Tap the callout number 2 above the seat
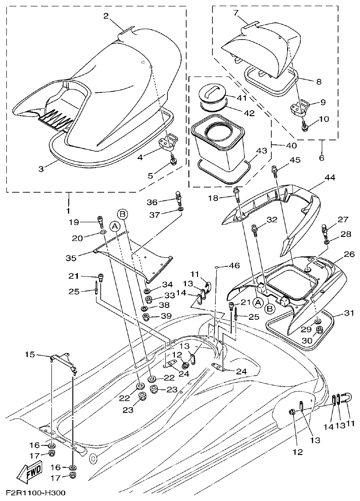pos(106,16)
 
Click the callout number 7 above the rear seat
pos(236,12)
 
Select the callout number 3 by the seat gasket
pos(41,169)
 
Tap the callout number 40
pos(291,146)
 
